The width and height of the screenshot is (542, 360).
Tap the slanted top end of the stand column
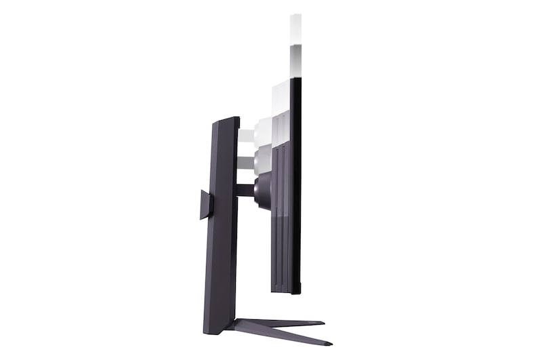226,121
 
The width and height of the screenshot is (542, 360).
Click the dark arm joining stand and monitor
245,190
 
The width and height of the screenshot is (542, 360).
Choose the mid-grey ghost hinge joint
263,159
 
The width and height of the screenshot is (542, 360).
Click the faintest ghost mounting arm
245,136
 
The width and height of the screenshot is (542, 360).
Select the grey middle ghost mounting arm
245,163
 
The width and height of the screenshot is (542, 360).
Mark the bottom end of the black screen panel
296,290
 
